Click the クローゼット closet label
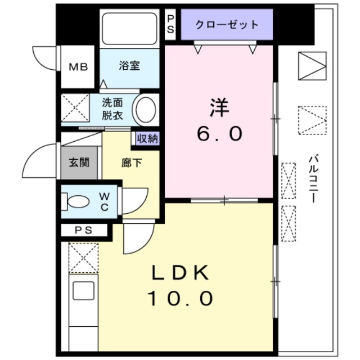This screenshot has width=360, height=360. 227,25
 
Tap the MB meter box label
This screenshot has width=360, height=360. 79,67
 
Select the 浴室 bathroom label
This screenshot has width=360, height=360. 129,65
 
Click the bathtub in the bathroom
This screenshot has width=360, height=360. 129,29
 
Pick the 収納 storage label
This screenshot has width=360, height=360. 147,138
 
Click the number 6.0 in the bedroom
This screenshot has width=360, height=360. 219,133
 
